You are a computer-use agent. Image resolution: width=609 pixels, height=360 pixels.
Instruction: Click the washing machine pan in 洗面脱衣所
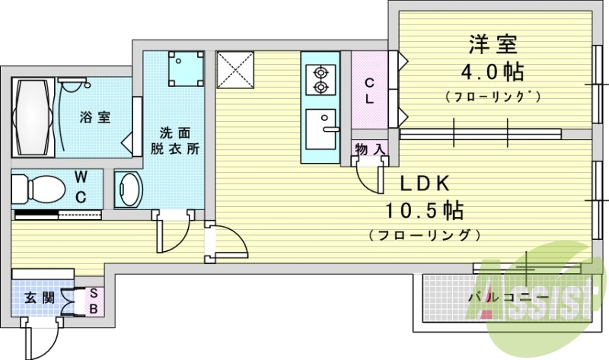[x=185, y=68]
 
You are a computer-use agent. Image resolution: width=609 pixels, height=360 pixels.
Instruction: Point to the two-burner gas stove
[x=320, y=79]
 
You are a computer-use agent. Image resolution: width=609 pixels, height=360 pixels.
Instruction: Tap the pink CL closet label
[x=368, y=91]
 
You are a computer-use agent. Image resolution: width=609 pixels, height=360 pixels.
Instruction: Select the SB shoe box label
[x=94, y=301]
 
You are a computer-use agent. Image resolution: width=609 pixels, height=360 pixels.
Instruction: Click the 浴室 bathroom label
[x=96, y=117]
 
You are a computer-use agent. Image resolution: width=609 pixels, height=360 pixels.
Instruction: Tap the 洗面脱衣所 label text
[x=180, y=140]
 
